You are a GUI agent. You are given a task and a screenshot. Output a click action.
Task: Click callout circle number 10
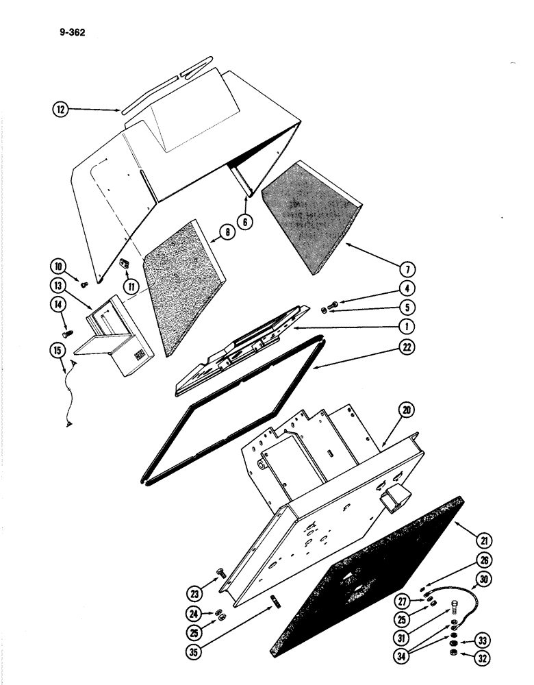59,264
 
